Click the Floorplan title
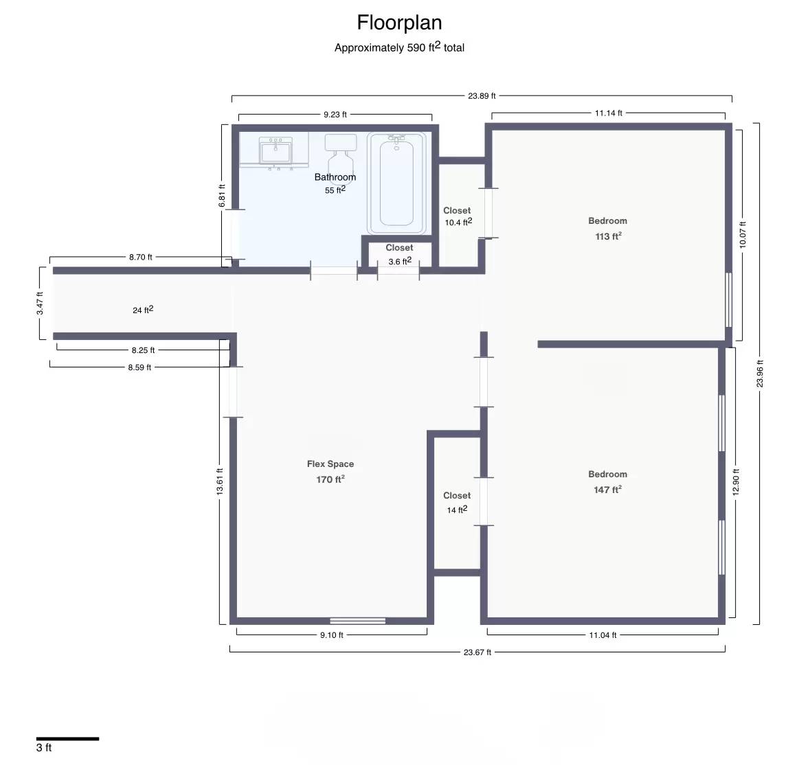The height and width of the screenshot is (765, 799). pyautogui.click(x=399, y=23)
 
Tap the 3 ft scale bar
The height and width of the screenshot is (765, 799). pyautogui.click(x=67, y=738)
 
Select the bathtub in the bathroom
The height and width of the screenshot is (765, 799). pyautogui.click(x=396, y=183)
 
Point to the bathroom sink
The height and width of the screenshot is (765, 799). pyautogui.click(x=275, y=151)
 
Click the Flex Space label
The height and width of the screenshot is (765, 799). pyautogui.click(x=330, y=464)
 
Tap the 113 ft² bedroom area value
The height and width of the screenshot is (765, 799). pyautogui.click(x=609, y=236)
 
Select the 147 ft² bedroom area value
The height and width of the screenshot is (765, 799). pyautogui.click(x=607, y=490)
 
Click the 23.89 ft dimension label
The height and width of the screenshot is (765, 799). pyautogui.click(x=482, y=95)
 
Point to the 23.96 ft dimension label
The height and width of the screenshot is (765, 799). pyautogui.click(x=760, y=374)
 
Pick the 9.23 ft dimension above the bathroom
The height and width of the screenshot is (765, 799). pyautogui.click(x=335, y=115)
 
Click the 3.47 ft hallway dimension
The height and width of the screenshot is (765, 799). pyautogui.click(x=40, y=303)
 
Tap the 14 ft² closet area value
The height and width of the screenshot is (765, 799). pyautogui.click(x=457, y=510)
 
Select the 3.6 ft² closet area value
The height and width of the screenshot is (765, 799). pyautogui.click(x=400, y=261)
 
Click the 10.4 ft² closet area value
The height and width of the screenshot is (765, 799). pyautogui.click(x=458, y=222)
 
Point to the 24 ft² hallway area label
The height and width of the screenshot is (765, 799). pyautogui.click(x=143, y=310)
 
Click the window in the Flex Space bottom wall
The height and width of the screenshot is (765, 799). pyautogui.click(x=358, y=621)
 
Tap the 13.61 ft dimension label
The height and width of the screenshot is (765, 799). pyautogui.click(x=220, y=482)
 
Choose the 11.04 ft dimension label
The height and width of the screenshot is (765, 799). pyautogui.click(x=603, y=635)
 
